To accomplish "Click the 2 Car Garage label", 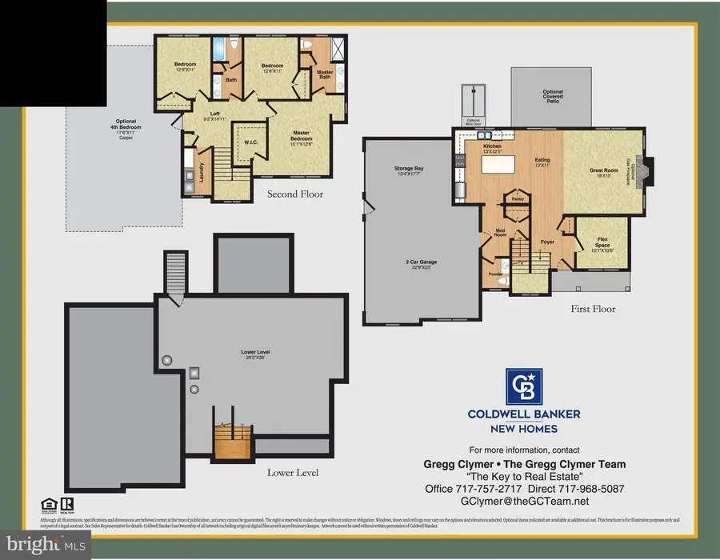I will point(420,265).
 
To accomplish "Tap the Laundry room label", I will point(196,181).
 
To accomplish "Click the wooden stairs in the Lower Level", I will point(233,440).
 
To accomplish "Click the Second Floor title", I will point(294,194).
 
